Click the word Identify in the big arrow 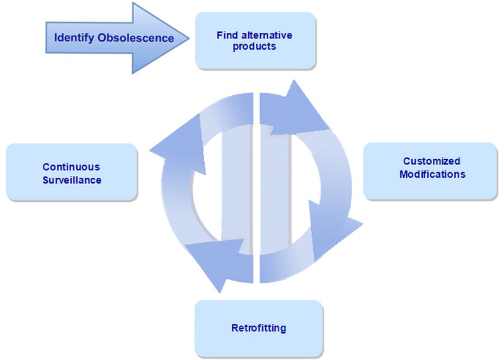click(74, 38)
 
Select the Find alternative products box click(255, 40)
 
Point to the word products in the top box click(255, 46)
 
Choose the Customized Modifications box click(432, 171)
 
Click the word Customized click(432, 162)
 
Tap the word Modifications click(432, 174)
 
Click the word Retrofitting click(258, 328)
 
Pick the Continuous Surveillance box click(71, 173)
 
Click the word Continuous click(71, 167)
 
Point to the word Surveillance click(72, 180)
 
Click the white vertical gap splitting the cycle click(255, 189)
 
